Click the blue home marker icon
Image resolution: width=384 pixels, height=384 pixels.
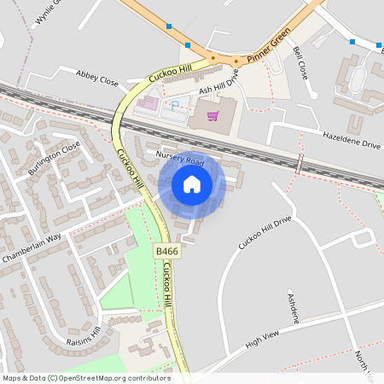192,184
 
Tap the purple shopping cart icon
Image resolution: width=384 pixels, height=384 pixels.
212,115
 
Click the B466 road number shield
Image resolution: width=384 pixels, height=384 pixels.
166,252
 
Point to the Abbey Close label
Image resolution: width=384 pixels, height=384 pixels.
96,78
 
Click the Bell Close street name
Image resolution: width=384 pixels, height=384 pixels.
300,63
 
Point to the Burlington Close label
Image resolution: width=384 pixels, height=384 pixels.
54,159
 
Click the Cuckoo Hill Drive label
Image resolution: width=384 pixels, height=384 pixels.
265,232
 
